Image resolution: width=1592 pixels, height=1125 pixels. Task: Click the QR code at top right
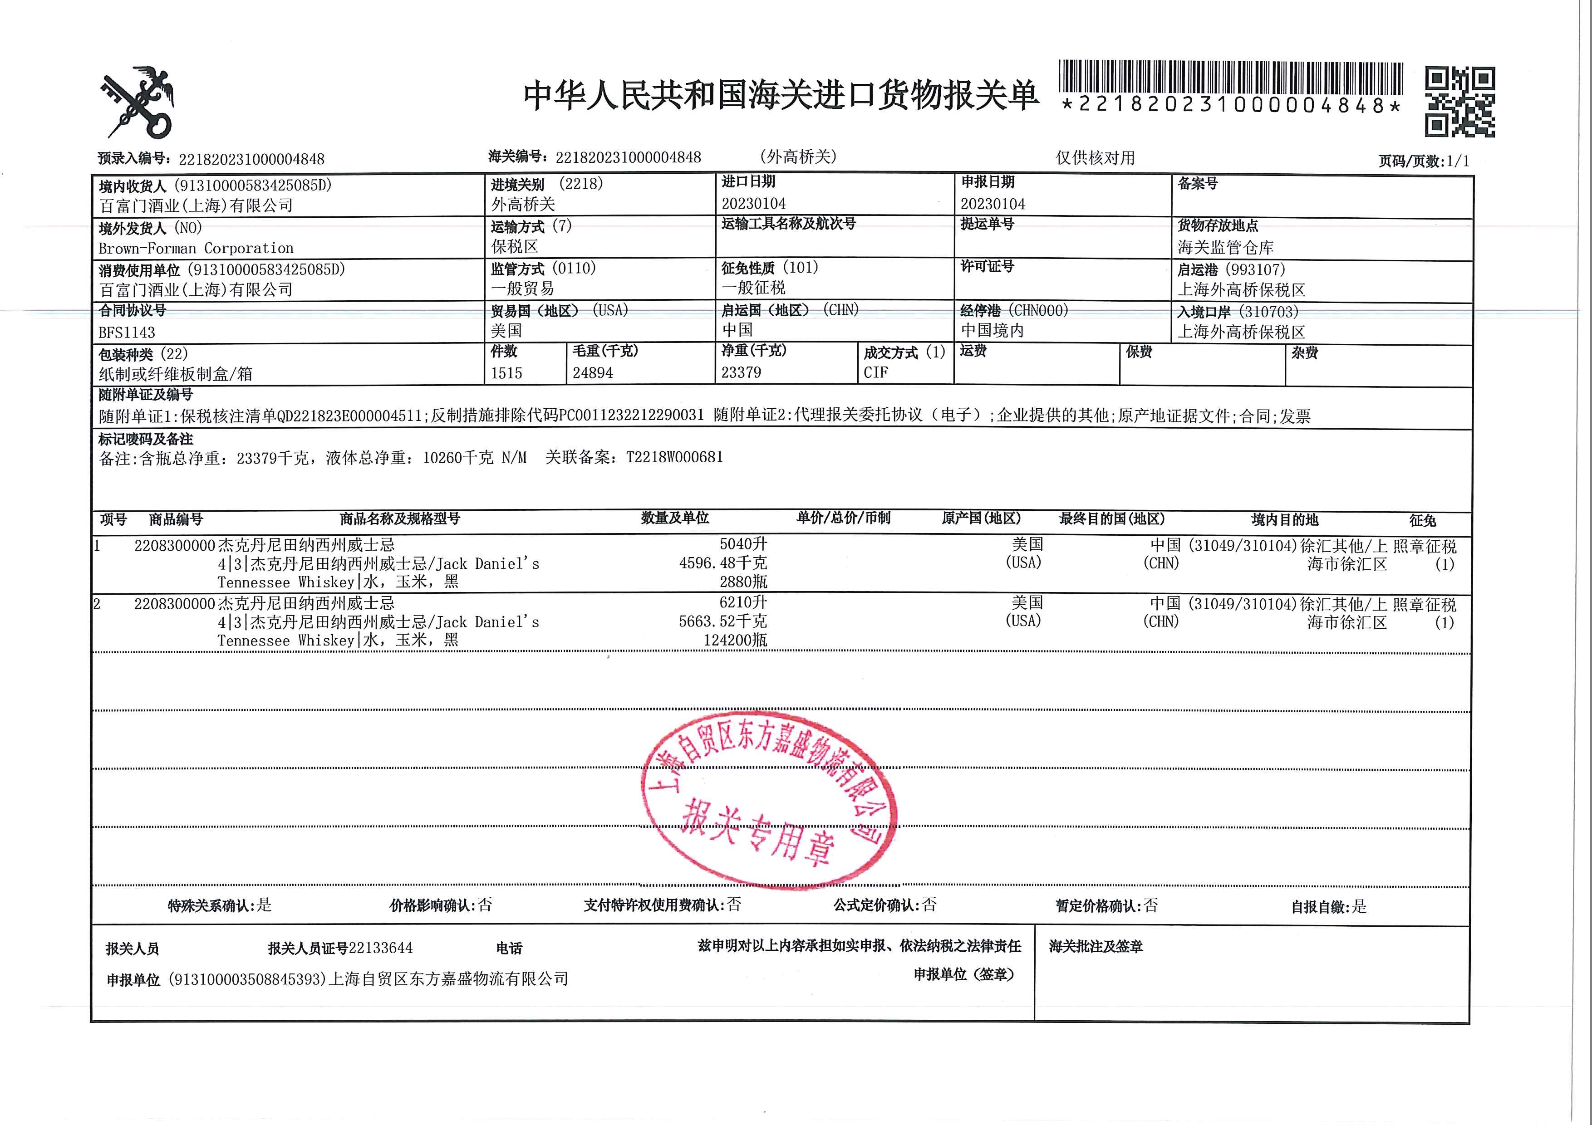click(x=1459, y=102)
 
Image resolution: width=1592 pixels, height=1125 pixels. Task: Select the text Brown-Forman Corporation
click(x=196, y=248)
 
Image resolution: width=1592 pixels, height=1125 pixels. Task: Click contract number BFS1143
click(x=127, y=332)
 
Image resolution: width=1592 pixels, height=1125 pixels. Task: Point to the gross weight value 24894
click(x=592, y=373)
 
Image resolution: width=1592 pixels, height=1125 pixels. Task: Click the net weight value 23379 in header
click(x=741, y=372)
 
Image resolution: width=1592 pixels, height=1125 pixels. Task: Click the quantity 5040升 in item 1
click(x=743, y=544)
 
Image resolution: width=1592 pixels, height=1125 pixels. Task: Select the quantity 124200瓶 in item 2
click(x=735, y=640)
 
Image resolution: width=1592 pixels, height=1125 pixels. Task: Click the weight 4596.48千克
click(x=722, y=563)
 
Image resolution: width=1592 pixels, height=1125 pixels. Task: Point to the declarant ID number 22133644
click(x=381, y=948)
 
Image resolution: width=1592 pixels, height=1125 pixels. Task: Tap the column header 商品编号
click(x=176, y=519)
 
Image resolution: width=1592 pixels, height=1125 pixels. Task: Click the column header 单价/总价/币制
click(x=843, y=518)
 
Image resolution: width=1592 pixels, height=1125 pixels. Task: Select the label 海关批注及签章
click(x=1096, y=946)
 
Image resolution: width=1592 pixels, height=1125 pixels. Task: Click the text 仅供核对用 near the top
click(x=1095, y=158)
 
